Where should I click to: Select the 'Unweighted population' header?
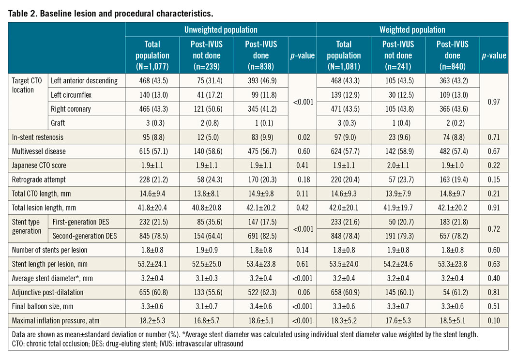click(x=221, y=30)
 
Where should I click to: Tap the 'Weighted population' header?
click(x=412, y=30)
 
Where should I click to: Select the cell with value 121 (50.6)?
click(x=207, y=109)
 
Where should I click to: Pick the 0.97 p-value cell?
click(x=494, y=102)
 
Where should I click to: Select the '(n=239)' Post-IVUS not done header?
click(x=207, y=66)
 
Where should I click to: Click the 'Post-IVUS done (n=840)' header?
click(x=452, y=55)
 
